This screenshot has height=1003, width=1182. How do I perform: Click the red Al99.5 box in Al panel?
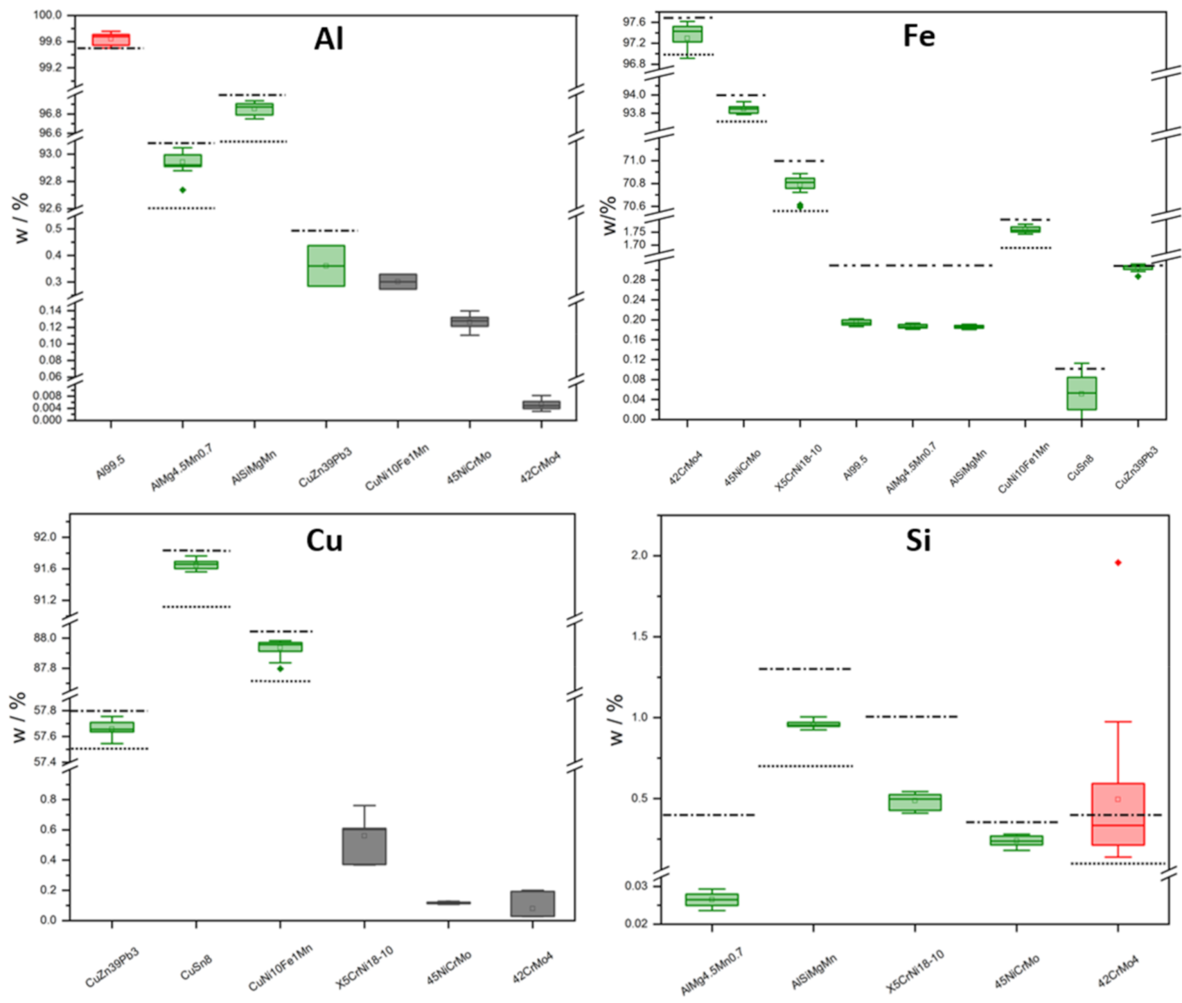[x=111, y=40]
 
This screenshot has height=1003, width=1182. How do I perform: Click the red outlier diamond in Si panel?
[x=1118, y=563]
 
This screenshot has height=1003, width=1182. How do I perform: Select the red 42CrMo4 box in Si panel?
[x=1117, y=814]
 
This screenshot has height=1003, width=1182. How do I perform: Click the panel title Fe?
[x=919, y=35]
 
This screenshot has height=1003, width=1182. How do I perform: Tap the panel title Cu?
[x=324, y=540]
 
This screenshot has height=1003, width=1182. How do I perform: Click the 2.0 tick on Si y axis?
[x=638, y=556]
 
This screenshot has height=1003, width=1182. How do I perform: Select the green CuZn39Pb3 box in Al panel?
[x=326, y=265]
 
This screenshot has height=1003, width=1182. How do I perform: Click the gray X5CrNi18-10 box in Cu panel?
[x=364, y=846]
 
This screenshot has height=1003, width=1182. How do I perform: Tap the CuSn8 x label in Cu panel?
[x=196, y=967]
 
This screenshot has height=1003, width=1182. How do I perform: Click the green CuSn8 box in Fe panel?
[x=1081, y=393]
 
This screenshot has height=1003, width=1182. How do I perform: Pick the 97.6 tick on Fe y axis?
[x=634, y=22]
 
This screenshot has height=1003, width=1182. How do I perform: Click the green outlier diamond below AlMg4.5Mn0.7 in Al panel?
[x=183, y=190]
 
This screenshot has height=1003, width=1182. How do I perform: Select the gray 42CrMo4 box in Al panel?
[x=541, y=405]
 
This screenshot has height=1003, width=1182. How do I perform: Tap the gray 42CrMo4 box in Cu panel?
[x=532, y=904]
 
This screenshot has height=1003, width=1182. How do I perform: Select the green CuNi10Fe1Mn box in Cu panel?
[x=280, y=647]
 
